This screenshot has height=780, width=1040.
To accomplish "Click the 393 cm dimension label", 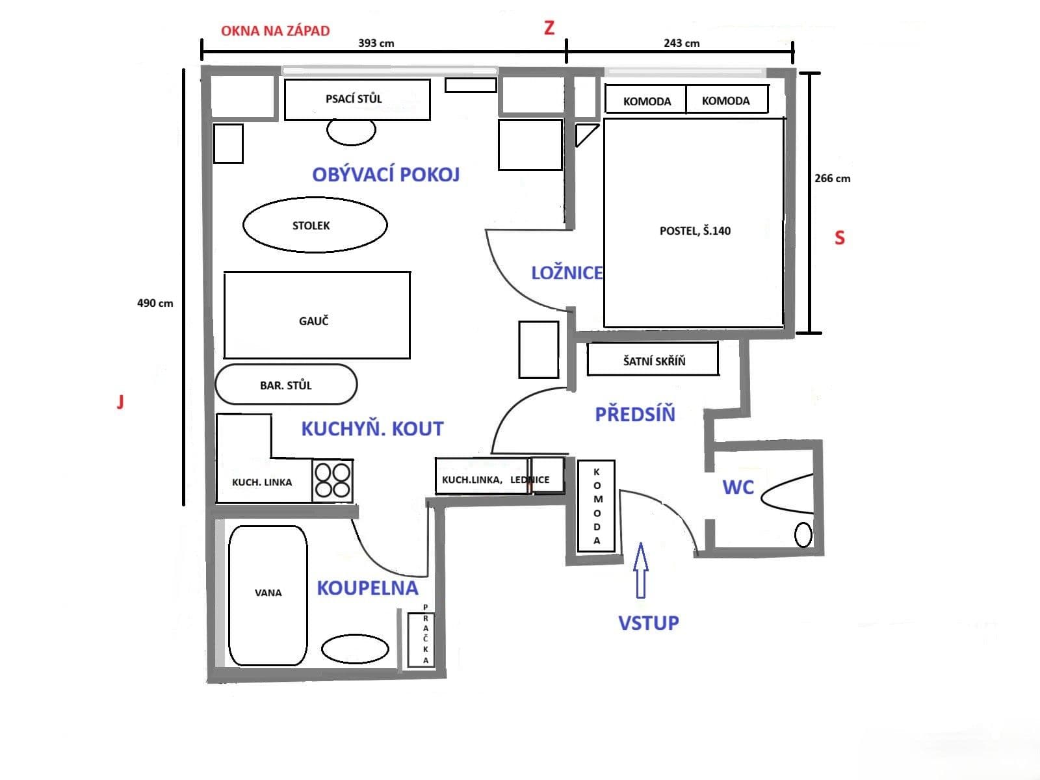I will click(376, 44).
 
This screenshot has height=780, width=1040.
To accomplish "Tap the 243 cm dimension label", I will click(681, 44).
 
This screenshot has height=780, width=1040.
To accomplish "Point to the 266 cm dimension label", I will click(832, 178).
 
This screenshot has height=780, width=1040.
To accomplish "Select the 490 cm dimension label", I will click(155, 303).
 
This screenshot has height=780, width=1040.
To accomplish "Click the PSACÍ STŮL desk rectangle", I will click(357, 99).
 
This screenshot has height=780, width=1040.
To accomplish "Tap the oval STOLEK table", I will click(315, 225).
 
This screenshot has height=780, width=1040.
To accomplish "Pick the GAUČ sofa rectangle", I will click(317, 315).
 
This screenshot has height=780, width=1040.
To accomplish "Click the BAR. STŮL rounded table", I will click(286, 385).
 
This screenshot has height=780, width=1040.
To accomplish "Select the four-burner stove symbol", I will click(332, 481).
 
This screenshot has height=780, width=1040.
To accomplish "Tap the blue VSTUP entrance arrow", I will click(641, 570).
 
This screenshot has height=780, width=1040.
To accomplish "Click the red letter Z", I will click(549, 28).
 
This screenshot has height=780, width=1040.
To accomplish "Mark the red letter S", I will click(839, 238).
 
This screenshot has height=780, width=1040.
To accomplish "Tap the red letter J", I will click(120, 402).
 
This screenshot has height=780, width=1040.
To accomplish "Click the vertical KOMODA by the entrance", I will click(596, 506).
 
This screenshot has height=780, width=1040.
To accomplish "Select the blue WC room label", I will click(738, 487).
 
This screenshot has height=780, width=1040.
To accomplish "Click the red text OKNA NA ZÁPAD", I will click(275, 31).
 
